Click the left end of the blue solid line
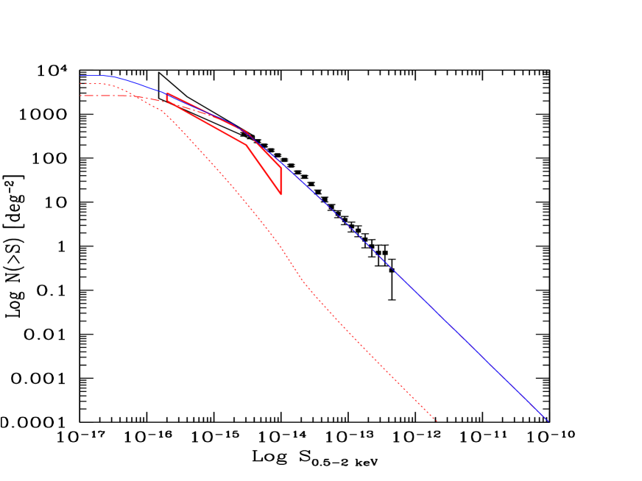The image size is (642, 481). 80,76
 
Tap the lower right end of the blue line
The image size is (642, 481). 548,421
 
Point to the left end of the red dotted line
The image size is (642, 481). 80,84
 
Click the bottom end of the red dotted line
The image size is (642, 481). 437,421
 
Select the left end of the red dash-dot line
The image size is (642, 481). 80,96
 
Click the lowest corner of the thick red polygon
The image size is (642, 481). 281,194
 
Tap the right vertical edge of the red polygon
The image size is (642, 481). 281,180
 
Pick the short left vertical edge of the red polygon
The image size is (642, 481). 168,98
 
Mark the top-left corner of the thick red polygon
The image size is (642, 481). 168,93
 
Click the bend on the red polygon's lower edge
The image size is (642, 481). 247,145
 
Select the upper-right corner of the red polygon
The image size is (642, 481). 281,167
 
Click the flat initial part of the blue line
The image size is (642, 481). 94,76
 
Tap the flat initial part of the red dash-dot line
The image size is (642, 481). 103,96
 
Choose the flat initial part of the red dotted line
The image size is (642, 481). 94,84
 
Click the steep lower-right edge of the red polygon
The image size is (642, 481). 264,169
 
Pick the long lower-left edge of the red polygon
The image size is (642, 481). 207,124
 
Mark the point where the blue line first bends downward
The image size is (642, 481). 108,76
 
